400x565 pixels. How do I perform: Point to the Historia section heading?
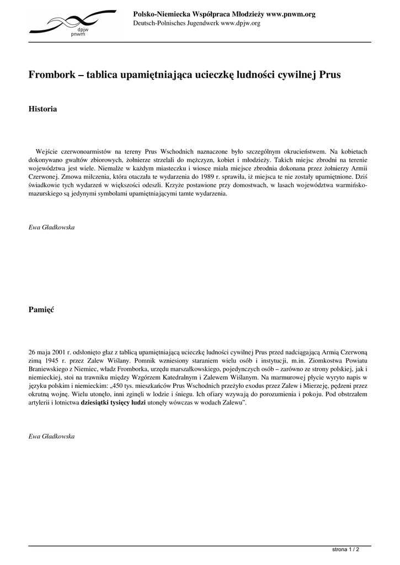click(42, 109)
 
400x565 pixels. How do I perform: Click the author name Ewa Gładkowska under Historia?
click(51, 227)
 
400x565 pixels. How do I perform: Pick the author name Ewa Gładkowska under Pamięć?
click(51, 436)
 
